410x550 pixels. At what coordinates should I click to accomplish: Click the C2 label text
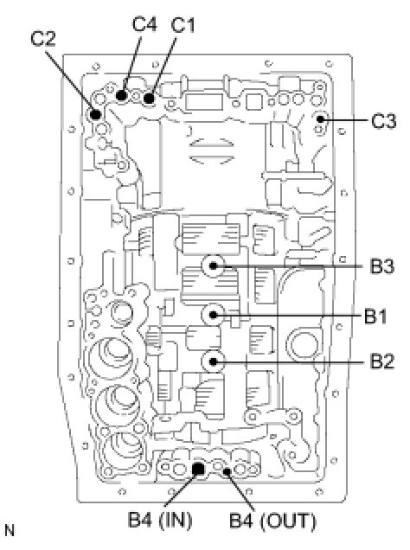click(43, 38)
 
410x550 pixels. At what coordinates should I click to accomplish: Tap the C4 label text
click(144, 24)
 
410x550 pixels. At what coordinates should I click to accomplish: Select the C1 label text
click(183, 24)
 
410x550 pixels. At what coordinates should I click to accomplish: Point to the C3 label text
click(383, 121)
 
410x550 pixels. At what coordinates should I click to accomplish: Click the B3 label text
click(382, 266)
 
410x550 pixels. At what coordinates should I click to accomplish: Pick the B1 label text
click(375, 316)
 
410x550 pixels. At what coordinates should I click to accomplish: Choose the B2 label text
click(382, 361)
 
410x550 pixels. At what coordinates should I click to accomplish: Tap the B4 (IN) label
click(160, 520)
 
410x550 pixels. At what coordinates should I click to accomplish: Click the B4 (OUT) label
click(272, 521)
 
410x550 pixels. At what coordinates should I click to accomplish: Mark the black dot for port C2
click(95, 114)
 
